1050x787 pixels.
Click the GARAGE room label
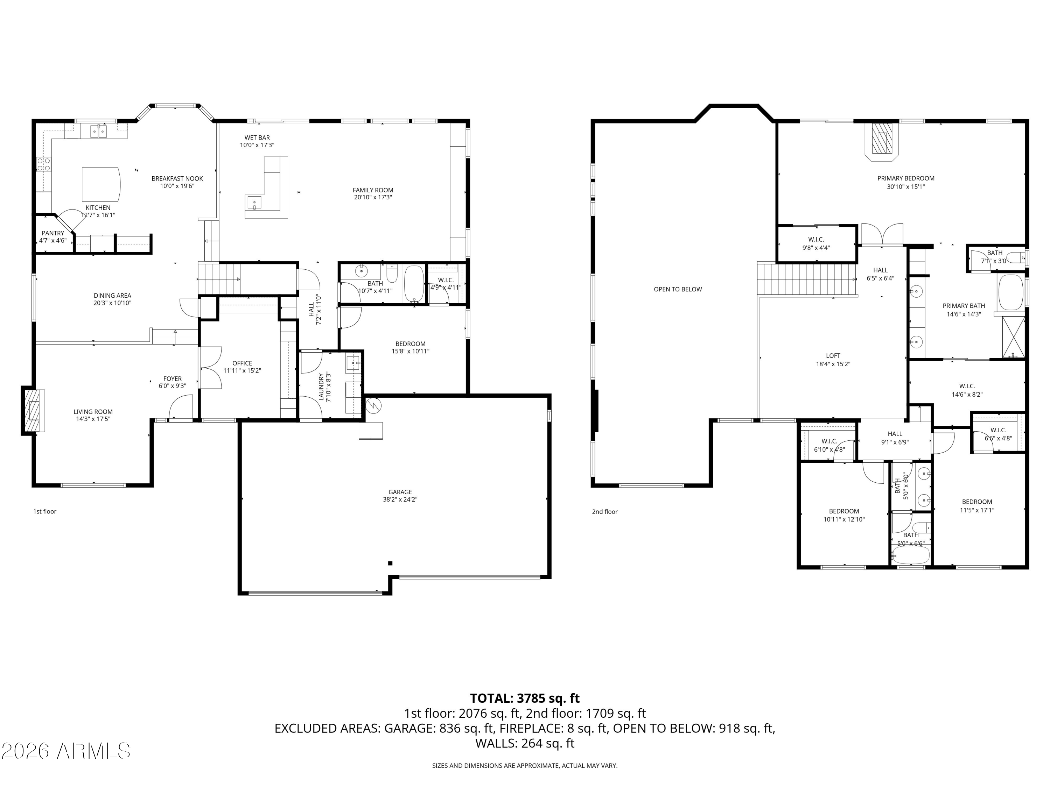click(400, 492)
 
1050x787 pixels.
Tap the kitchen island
click(101, 184)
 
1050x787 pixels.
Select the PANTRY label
click(53, 233)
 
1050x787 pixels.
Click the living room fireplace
click(33, 410)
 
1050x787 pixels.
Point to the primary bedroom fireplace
click(882, 140)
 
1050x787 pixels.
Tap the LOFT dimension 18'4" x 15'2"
click(833, 364)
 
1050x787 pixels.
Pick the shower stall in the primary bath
click(1013, 337)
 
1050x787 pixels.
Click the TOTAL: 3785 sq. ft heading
click(525, 698)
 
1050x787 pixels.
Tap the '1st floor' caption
click(44, 511)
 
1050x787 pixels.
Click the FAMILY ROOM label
click(373, 190)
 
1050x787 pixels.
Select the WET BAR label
click(257, 137)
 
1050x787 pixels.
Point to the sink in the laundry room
click(353, 363)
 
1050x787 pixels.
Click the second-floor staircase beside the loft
click(807, 280)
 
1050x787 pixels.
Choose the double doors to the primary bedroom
click(882, 234)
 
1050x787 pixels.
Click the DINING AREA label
click(112, 296)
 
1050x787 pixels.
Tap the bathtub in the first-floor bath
click(414, 284)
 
